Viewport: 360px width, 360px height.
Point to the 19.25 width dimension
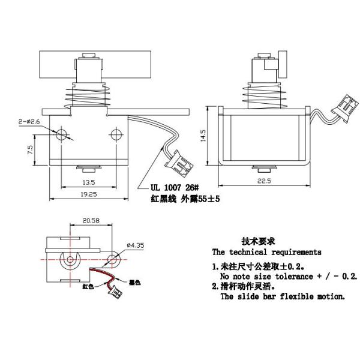[x=88, y=194]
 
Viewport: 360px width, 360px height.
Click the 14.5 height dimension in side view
[x=205, y=137]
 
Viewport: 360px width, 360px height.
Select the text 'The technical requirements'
[x=266, y=252]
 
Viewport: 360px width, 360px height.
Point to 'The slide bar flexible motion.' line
[x=282, y=296]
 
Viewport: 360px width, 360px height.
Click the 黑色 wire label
[x=135, y=281]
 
